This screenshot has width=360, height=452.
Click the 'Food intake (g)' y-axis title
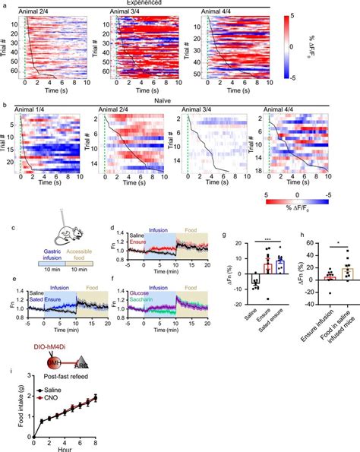click(9, 411)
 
